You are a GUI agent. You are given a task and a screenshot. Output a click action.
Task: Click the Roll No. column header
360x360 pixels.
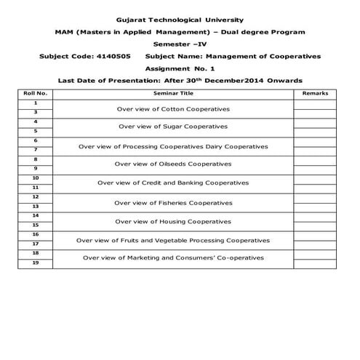[x=35, y=94]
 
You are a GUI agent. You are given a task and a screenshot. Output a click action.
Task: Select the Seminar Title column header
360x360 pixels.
[x=173, y=94]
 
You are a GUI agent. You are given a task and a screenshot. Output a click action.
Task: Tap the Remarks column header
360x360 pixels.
[x=314, y=94]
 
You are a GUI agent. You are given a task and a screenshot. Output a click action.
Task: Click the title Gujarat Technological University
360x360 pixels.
[x=180, y=20]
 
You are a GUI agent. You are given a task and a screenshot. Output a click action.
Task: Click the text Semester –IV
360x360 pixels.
[x=180, y=44]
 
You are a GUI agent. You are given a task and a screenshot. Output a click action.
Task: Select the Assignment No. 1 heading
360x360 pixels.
[x=180, y=68]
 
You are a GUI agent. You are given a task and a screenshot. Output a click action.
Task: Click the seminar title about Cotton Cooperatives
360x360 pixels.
[x=173, y=108]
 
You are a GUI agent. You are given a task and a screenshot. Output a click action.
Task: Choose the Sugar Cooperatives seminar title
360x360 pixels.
[x=173, y=127]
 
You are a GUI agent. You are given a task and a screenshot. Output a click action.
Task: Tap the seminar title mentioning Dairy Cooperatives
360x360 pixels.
[x=173, y=146]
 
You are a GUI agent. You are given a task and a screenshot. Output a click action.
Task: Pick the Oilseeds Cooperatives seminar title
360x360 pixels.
[x=173, y=164]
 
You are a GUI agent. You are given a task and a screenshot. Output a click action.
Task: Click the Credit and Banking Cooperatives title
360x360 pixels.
[x=173, y=183]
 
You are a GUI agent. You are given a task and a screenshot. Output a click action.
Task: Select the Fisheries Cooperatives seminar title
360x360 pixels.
[x=173, y=202]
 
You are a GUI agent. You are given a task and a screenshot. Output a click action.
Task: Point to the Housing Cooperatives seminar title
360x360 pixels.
[x=173, y=221]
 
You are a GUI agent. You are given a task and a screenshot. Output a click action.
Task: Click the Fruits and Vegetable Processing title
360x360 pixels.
[x=173, y=240]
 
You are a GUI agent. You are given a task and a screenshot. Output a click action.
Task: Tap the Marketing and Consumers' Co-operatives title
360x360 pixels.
[x=173, y=257]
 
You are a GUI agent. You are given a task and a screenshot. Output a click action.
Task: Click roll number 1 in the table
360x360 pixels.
[x=35, y=103]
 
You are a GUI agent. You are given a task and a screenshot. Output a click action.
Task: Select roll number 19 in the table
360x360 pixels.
[x=35, y=263]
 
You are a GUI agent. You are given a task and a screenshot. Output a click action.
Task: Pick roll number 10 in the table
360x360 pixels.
[x=35, y=178]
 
